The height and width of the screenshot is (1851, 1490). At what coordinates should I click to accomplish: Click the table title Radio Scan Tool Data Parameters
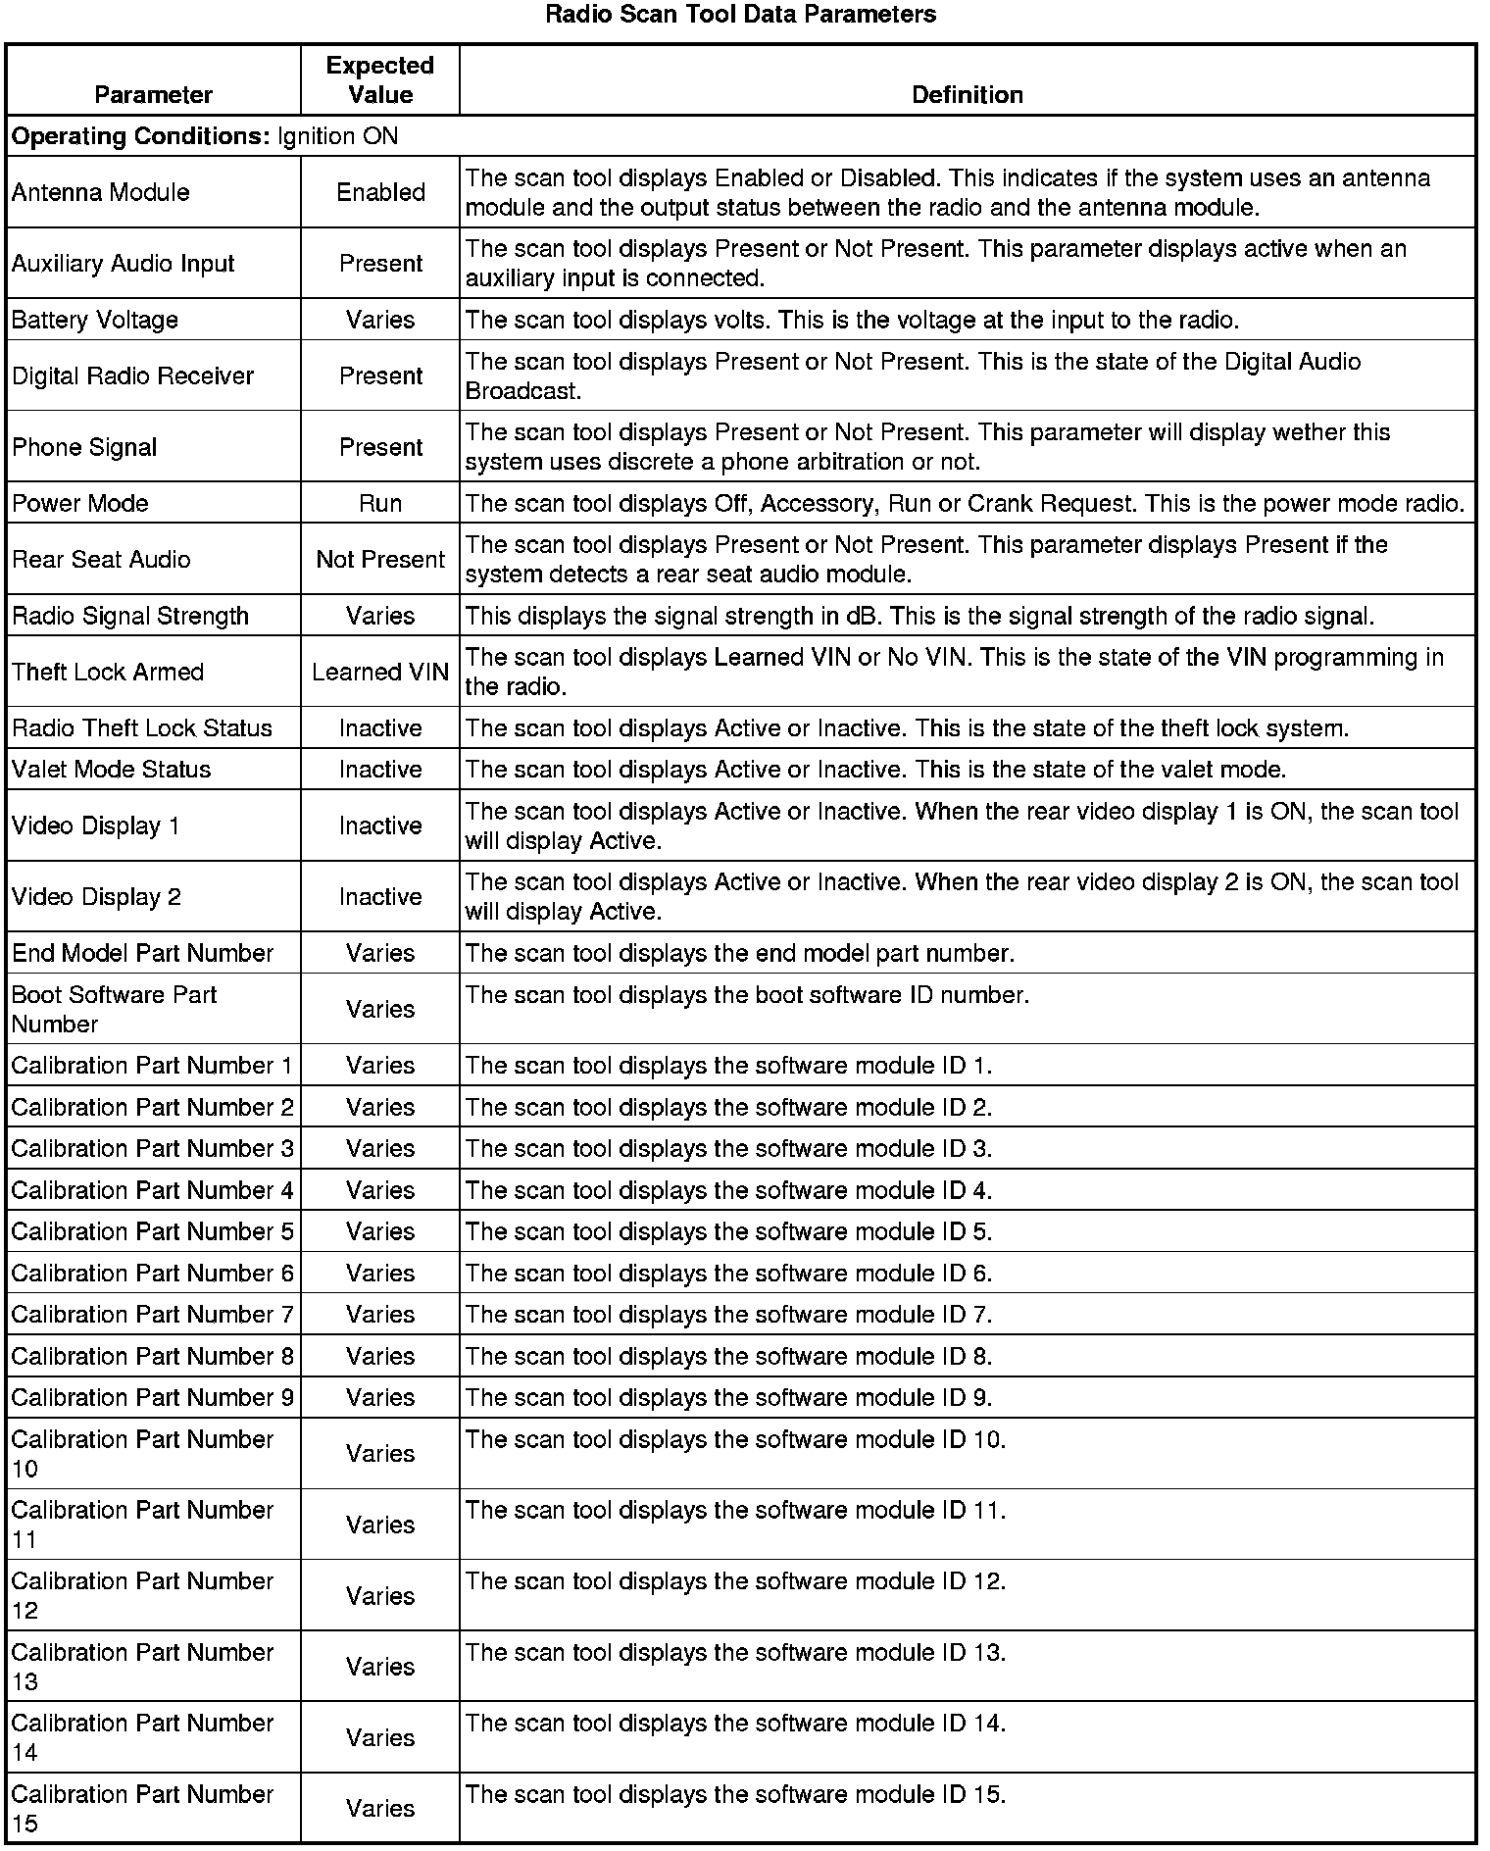pyautogui.click(x=740, y=15)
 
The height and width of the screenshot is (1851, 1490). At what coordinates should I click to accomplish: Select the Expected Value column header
pyautogui.click(x=380, y=80)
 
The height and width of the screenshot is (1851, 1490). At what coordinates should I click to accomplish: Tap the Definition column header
pyautogui.click(x=967, y=95)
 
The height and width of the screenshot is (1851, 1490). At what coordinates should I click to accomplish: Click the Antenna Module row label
pyautogui.click(x=101, y=192)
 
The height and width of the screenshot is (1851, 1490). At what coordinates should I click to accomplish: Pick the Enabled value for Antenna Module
pyautogui.click(x=380, y=192)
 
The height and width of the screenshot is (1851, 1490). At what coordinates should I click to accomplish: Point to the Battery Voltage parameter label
pyautogui.click(x=95, y=320)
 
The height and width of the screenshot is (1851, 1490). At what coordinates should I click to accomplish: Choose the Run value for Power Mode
pyautogui.click(x=380, y=503)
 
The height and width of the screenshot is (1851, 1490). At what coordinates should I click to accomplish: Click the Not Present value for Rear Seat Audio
pyautogui.click(x=380, y=560)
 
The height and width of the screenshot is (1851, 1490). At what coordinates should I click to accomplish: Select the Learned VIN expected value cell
pyautogui.click(x=380, y=672)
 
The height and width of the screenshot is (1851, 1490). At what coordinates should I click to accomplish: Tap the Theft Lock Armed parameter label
pyautogui.click(x=108, y=672)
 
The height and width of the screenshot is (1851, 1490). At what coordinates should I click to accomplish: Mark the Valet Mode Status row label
pyautogui.click(x=112, y=770)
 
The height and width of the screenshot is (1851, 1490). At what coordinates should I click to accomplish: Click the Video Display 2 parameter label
pyautogui.click(x=96, y=897)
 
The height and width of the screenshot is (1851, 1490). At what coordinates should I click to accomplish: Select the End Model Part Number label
pyautogui.click(x=142, y=953)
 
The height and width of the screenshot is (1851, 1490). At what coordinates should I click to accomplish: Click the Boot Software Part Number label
pyautogui.click(x=114, y=1009)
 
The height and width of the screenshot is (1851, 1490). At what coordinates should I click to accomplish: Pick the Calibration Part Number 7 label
pyautogui.click(x=152, y=1315)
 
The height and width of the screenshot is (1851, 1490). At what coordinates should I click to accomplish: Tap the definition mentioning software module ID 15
pyautogui.click(x=735, y=1794)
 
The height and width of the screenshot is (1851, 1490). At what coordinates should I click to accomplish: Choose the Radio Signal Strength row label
pyautogui.click(x=130, y=616)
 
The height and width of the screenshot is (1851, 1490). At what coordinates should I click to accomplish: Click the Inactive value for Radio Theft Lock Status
pyautogui.click(x=380, y=728)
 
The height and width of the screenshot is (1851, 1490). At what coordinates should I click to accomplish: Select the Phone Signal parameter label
pyautogui.click(x=84, y=447)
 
